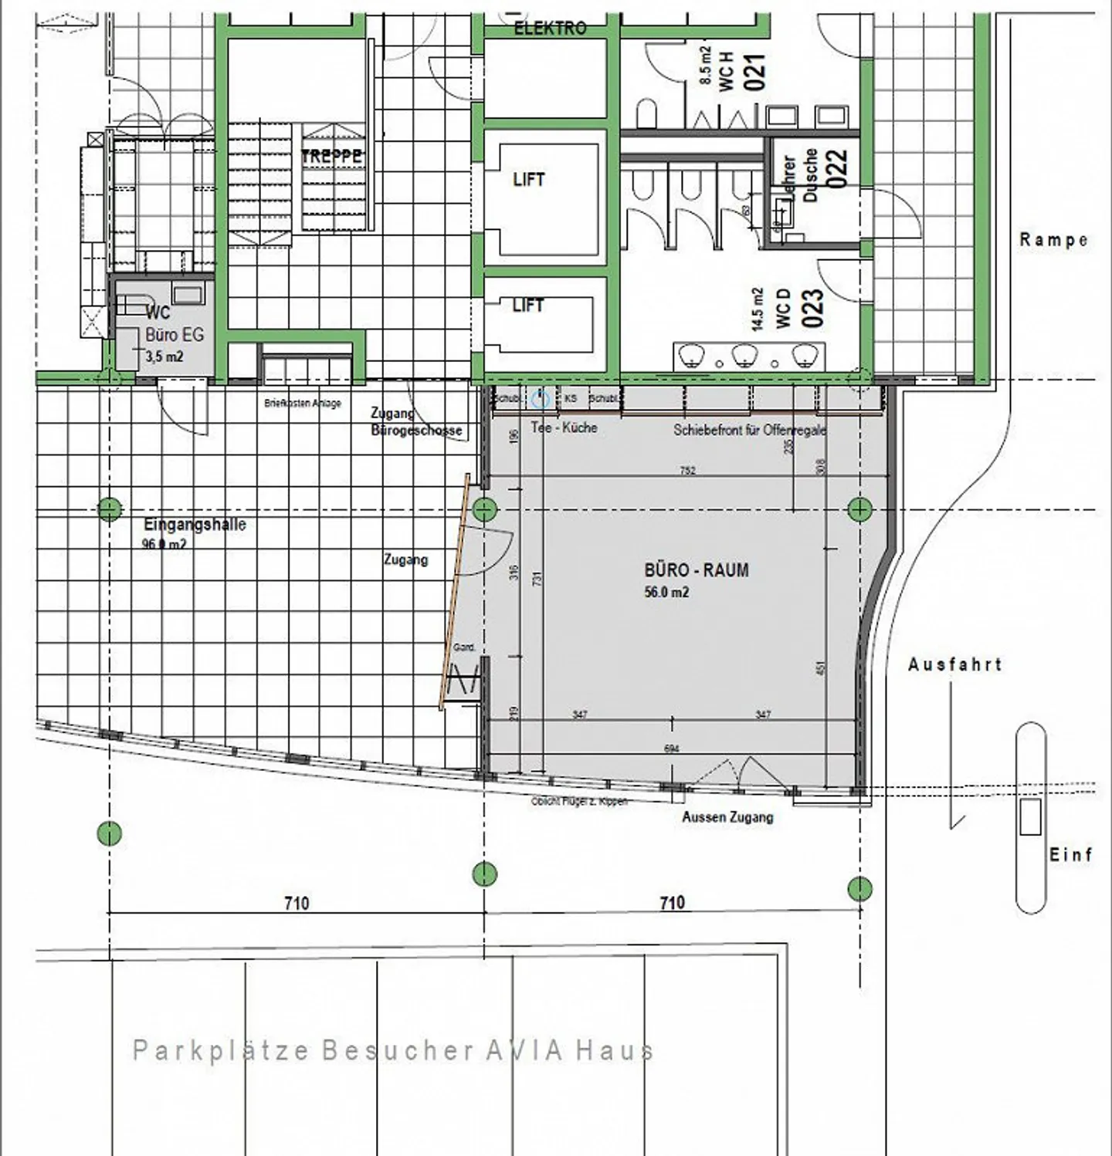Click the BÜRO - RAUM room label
[x=696, y=570]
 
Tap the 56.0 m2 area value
[x=666, y=593]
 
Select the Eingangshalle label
[x=195, y=525]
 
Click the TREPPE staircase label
[x=331, y=157]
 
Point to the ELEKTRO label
[x=550, y=29]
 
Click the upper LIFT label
[x=529, y=180]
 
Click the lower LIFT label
[x=528, y=306]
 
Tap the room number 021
[x=755, y=72]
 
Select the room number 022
[x=837, y=168]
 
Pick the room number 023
[x=813, y=309]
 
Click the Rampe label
[x=1053, y=240]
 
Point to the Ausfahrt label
[x=954, y=664]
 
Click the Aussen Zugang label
[x=727, y=817]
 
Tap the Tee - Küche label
[x=564, y=428]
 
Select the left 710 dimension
[x=297, y=903]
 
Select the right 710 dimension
[x=672, y=903]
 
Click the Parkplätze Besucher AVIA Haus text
[x=393, y=1050]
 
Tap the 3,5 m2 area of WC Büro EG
[x=164, y=357]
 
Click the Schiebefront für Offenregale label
[x=749, y=430]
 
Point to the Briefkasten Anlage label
[x=302, y=403]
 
